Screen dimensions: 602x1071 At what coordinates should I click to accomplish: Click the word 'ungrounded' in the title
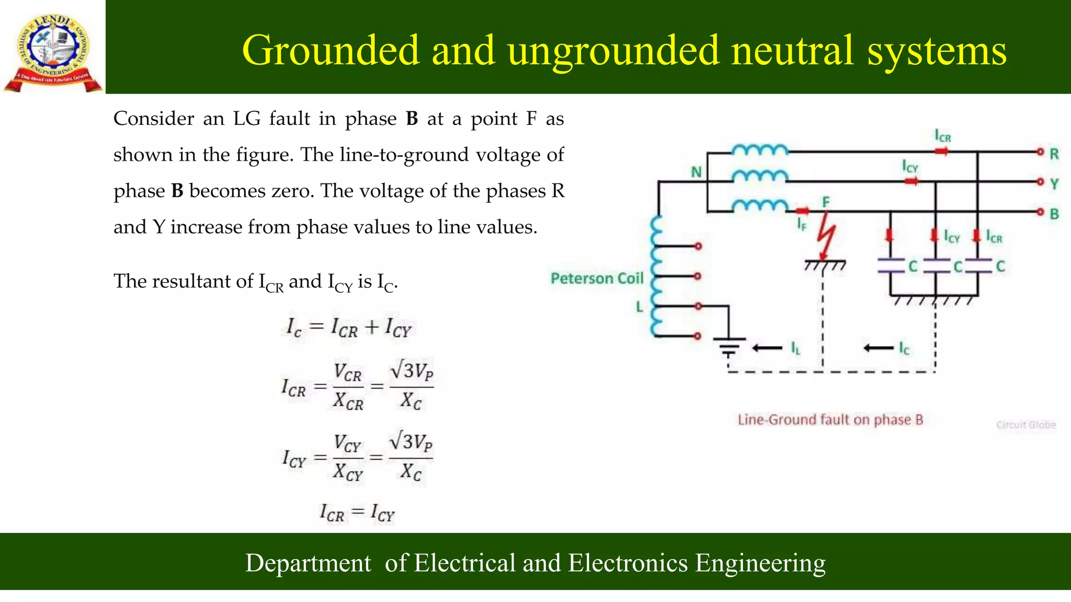[x=613, y=51]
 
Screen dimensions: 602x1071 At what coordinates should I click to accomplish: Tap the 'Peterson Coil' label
[x=597, y=279]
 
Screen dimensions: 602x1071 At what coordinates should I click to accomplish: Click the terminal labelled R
[x=1041, y=152]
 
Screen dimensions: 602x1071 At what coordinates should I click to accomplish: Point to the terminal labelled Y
[x=1041, y=182]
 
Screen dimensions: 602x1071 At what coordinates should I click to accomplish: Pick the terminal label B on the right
[x=1054, y=214]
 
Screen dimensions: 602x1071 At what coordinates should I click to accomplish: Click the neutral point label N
[x=696, y=172]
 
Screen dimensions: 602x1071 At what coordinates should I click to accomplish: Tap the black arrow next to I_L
[x=767, y=348]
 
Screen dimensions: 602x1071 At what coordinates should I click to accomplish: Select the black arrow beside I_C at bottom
[x=879, y=348]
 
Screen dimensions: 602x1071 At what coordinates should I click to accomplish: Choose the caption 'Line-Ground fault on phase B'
[x=830, y=420]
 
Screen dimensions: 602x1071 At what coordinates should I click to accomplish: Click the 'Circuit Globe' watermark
[x=1026, y=425]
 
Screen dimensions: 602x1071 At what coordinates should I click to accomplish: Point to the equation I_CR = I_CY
[x=357, y=513]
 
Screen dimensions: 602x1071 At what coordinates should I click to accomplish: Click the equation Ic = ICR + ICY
[x=349, y=328]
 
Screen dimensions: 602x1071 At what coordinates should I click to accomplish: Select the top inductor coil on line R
[x=759, y=150]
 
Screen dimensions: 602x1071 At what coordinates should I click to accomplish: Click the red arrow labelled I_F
[x=802, y=211]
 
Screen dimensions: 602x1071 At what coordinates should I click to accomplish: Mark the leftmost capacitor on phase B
[x=891, y=266]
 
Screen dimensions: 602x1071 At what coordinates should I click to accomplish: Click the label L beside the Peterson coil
[x=639, y=307]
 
